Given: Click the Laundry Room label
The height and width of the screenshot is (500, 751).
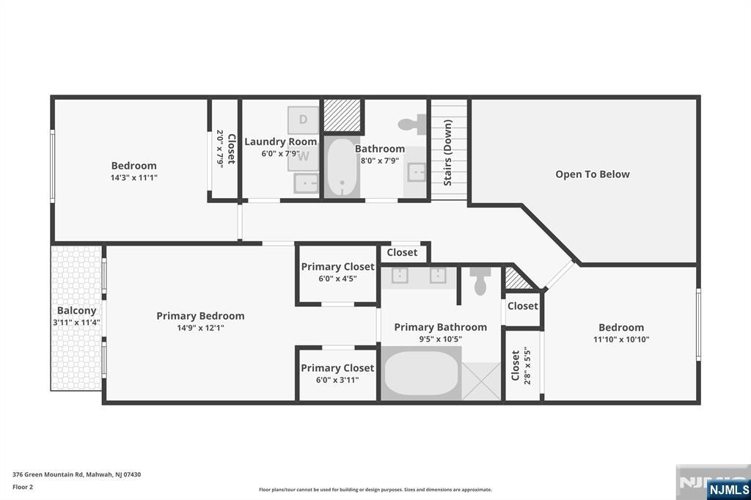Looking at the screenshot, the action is pyautogui.click(x=281, y=141).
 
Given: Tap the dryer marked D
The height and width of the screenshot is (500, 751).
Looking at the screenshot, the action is pyautogui.click(x=303, y=120).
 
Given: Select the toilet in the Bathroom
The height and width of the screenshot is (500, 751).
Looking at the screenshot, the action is pyautogui.click(x=412, y=125).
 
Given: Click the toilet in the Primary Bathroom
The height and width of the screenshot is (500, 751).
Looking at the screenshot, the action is pyautogui.click(x=480, y=281).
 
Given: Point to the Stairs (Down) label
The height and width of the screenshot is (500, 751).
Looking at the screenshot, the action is pyautogui.click(x=448, y=152).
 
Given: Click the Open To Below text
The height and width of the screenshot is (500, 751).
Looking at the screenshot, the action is pyautogui.click(x=593, y=174).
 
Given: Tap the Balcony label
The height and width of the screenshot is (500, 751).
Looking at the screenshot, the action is pyautogui.click(x=76, y=311).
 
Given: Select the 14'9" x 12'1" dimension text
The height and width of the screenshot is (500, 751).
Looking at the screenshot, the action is pyautogui.click(x=201, y=328).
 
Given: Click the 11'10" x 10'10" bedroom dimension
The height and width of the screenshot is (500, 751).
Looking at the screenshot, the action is pyautogui.click(x=621, y=339).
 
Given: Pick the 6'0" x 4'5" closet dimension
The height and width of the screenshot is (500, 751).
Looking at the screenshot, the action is pyautogui.click(x=337, y=279).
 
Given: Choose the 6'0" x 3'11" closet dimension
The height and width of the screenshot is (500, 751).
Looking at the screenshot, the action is pyautogui.click(x=337, y=380).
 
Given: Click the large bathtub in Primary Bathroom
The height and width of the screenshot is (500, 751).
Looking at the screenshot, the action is pyautogui.click(x=421, y=373).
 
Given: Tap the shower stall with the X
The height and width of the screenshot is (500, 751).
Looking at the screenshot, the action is pyautogui.click(x=481, y=381).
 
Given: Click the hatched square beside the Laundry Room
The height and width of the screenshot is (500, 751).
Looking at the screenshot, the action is pyautogui.click(x=342, y=115).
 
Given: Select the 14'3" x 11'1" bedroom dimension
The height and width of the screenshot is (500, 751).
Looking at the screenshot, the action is pyautogui.click(x=134, y=177).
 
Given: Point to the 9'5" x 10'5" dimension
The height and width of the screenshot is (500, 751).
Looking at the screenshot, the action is pyautogui.click(x=440, y=339).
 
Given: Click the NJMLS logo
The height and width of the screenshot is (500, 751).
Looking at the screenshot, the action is pyautogui.click(x=728, y=490).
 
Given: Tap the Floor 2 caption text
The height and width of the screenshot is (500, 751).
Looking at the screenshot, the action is pyautogui.click(x=23, y=487).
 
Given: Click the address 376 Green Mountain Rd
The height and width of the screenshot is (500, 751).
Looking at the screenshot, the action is pyautogui.click(x=48, y=474).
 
